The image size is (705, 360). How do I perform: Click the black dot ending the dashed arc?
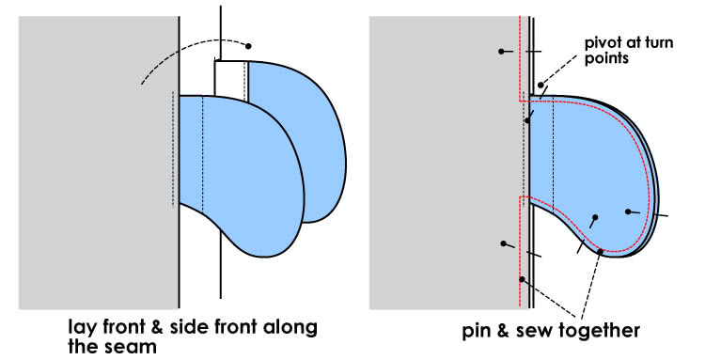(x=248, y=45)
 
